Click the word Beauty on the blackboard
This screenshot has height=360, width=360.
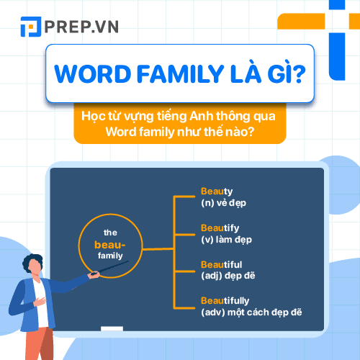click(217, 192)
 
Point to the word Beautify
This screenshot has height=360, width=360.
click(220, 228)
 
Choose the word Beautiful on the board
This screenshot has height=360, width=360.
click(222, 264)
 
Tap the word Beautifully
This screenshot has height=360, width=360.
click(225, 300)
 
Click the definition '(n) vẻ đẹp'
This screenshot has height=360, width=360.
click(223, 203)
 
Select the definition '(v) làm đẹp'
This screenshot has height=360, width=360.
click(226, 239)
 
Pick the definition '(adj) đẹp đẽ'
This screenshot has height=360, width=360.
click(228, 275)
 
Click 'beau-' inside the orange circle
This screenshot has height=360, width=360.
click(110, 244)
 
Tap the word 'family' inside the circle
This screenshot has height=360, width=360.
click(110, 256)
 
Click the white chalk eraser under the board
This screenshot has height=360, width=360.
click(112, 329)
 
